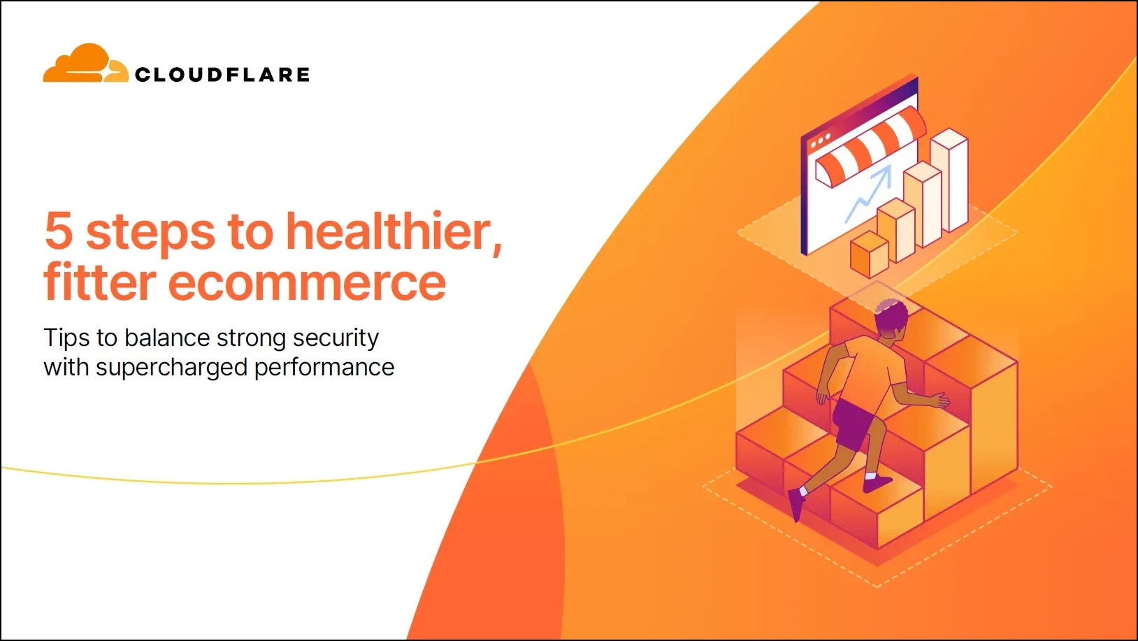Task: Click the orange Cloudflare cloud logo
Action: (x=85, y=63)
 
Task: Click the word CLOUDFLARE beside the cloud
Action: (x=222, y=75)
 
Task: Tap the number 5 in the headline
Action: (x=59, y=231)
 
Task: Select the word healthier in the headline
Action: (x=394, y=231)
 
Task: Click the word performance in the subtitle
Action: (x=324, y=368)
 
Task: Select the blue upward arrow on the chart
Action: (x=868, y=194)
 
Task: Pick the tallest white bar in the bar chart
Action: (x=949, y=180)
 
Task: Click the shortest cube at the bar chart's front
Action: (x=870, y=254)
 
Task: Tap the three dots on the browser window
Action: (x=820, y=141)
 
